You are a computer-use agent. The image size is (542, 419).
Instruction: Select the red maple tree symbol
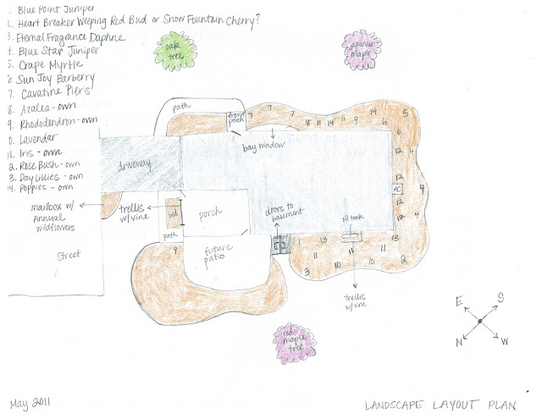point(295,341)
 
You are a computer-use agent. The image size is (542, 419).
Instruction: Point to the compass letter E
point(457,300)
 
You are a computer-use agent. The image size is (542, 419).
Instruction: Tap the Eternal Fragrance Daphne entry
point(68,36)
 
